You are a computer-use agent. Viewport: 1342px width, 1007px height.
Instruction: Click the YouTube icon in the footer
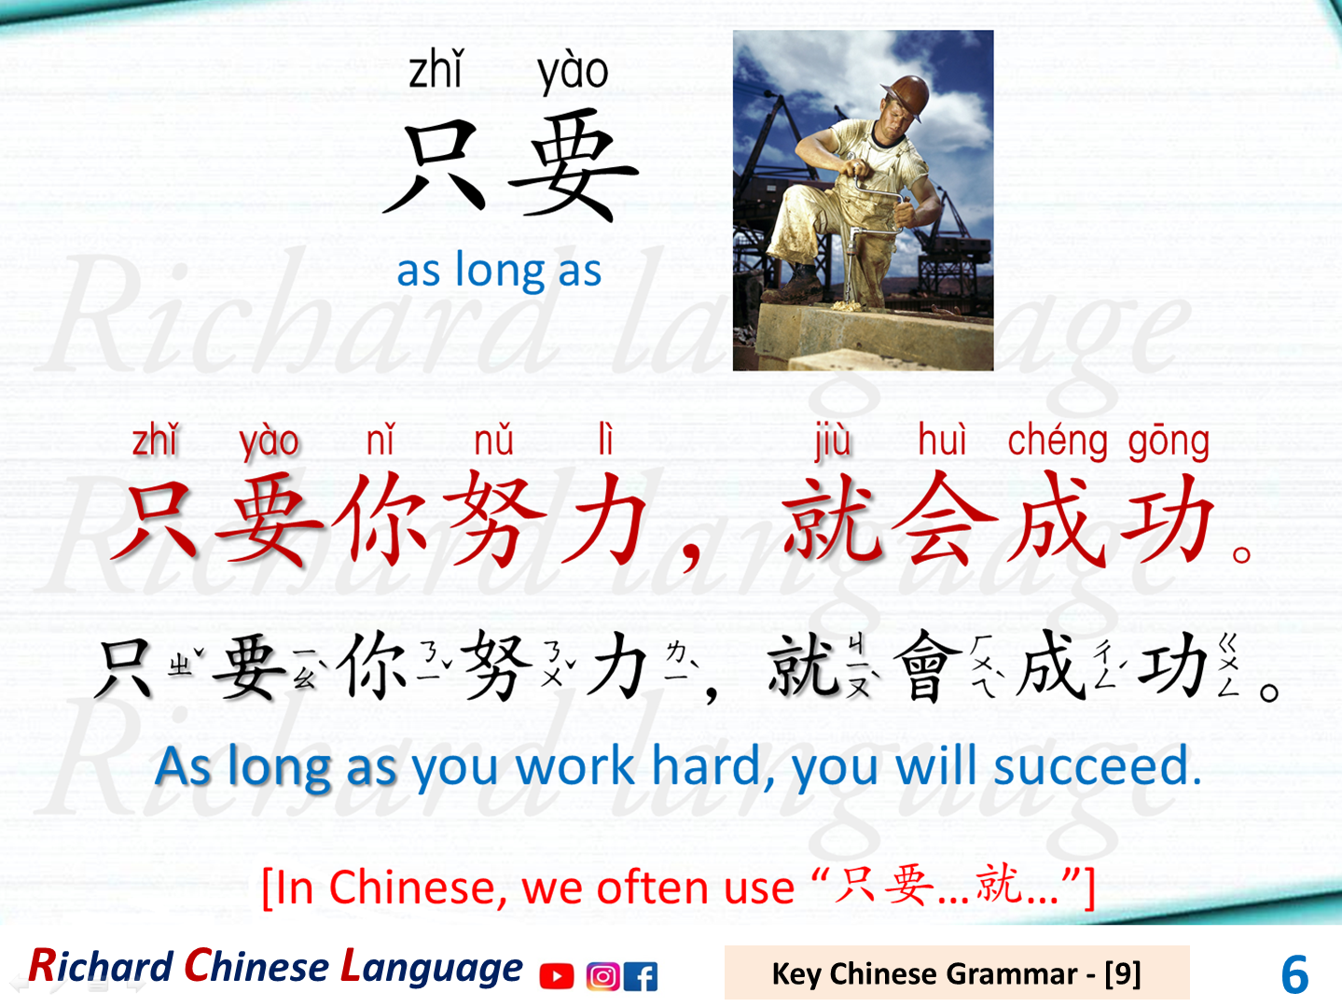tap(557, 976)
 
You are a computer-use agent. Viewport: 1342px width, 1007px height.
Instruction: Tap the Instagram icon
tap(602, 976)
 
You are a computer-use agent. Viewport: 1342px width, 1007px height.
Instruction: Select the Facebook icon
tap(641, 976)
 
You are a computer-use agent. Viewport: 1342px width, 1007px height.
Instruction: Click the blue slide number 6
tap(1294, 974)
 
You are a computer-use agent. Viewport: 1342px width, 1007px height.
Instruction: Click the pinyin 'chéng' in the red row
tap(1058, 441)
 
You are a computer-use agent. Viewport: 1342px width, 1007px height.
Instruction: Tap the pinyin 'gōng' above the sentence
tap(1169, 441)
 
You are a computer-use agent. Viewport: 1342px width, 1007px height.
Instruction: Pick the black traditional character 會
tap(928, 664)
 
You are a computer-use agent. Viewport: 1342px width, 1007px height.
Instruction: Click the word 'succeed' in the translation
tap(1097, 767)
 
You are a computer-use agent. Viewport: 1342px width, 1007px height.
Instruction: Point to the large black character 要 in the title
tap(572, 165)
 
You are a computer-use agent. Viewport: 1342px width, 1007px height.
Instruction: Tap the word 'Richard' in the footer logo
tap(102, 967)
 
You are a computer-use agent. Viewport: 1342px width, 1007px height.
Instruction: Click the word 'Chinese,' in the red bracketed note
tap(419, 887)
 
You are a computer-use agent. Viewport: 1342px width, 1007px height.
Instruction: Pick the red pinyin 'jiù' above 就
tap(833, 441)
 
